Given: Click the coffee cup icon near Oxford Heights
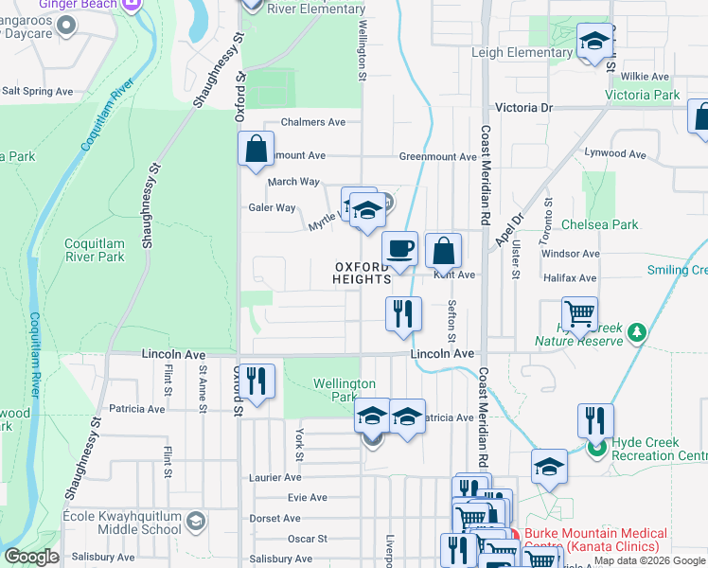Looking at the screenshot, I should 400,249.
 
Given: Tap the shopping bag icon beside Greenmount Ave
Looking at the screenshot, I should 256,150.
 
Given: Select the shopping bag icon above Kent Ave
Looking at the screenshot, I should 443,252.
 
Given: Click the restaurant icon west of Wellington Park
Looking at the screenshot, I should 257,382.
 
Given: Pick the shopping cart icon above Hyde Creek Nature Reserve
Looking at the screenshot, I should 578,313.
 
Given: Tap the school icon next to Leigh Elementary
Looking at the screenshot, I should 594,42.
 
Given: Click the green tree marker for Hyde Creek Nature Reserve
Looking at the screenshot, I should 638,331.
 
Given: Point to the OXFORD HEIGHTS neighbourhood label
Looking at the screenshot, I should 362,274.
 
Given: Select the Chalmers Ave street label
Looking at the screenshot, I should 314,122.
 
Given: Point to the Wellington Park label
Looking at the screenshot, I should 345,390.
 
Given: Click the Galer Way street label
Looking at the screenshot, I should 273,207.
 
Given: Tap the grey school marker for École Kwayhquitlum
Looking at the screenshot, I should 195,520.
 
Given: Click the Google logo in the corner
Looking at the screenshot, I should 31,557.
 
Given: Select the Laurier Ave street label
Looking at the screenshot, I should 274,478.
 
